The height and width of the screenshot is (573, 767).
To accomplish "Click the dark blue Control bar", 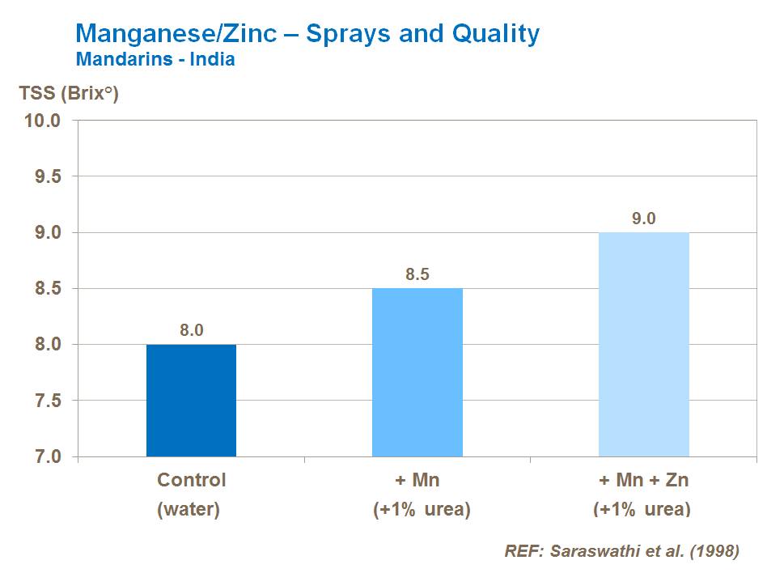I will [x=191, y=401].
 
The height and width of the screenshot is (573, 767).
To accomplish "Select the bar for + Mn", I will [x=417, y=372].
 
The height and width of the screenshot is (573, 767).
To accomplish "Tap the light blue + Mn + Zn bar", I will [x=643, y=344].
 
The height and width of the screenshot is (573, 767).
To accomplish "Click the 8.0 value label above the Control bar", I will [x=191, y=330].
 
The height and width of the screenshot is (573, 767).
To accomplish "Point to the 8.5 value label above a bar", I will [x=417, y=274].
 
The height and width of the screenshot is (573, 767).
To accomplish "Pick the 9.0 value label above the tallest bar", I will [x=643, y=219].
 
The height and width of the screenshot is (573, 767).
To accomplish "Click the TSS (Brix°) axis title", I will [x=69, y=93].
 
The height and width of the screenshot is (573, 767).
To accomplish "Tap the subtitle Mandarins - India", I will [x=155, y=60].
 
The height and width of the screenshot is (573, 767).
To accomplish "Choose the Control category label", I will [x=192, y=480].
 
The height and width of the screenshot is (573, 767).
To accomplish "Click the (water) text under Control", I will [x=192, y=510].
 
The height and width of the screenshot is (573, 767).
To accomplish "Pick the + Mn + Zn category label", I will [x=644, y=480].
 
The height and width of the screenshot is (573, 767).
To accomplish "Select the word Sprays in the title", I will [x=350, y=34].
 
